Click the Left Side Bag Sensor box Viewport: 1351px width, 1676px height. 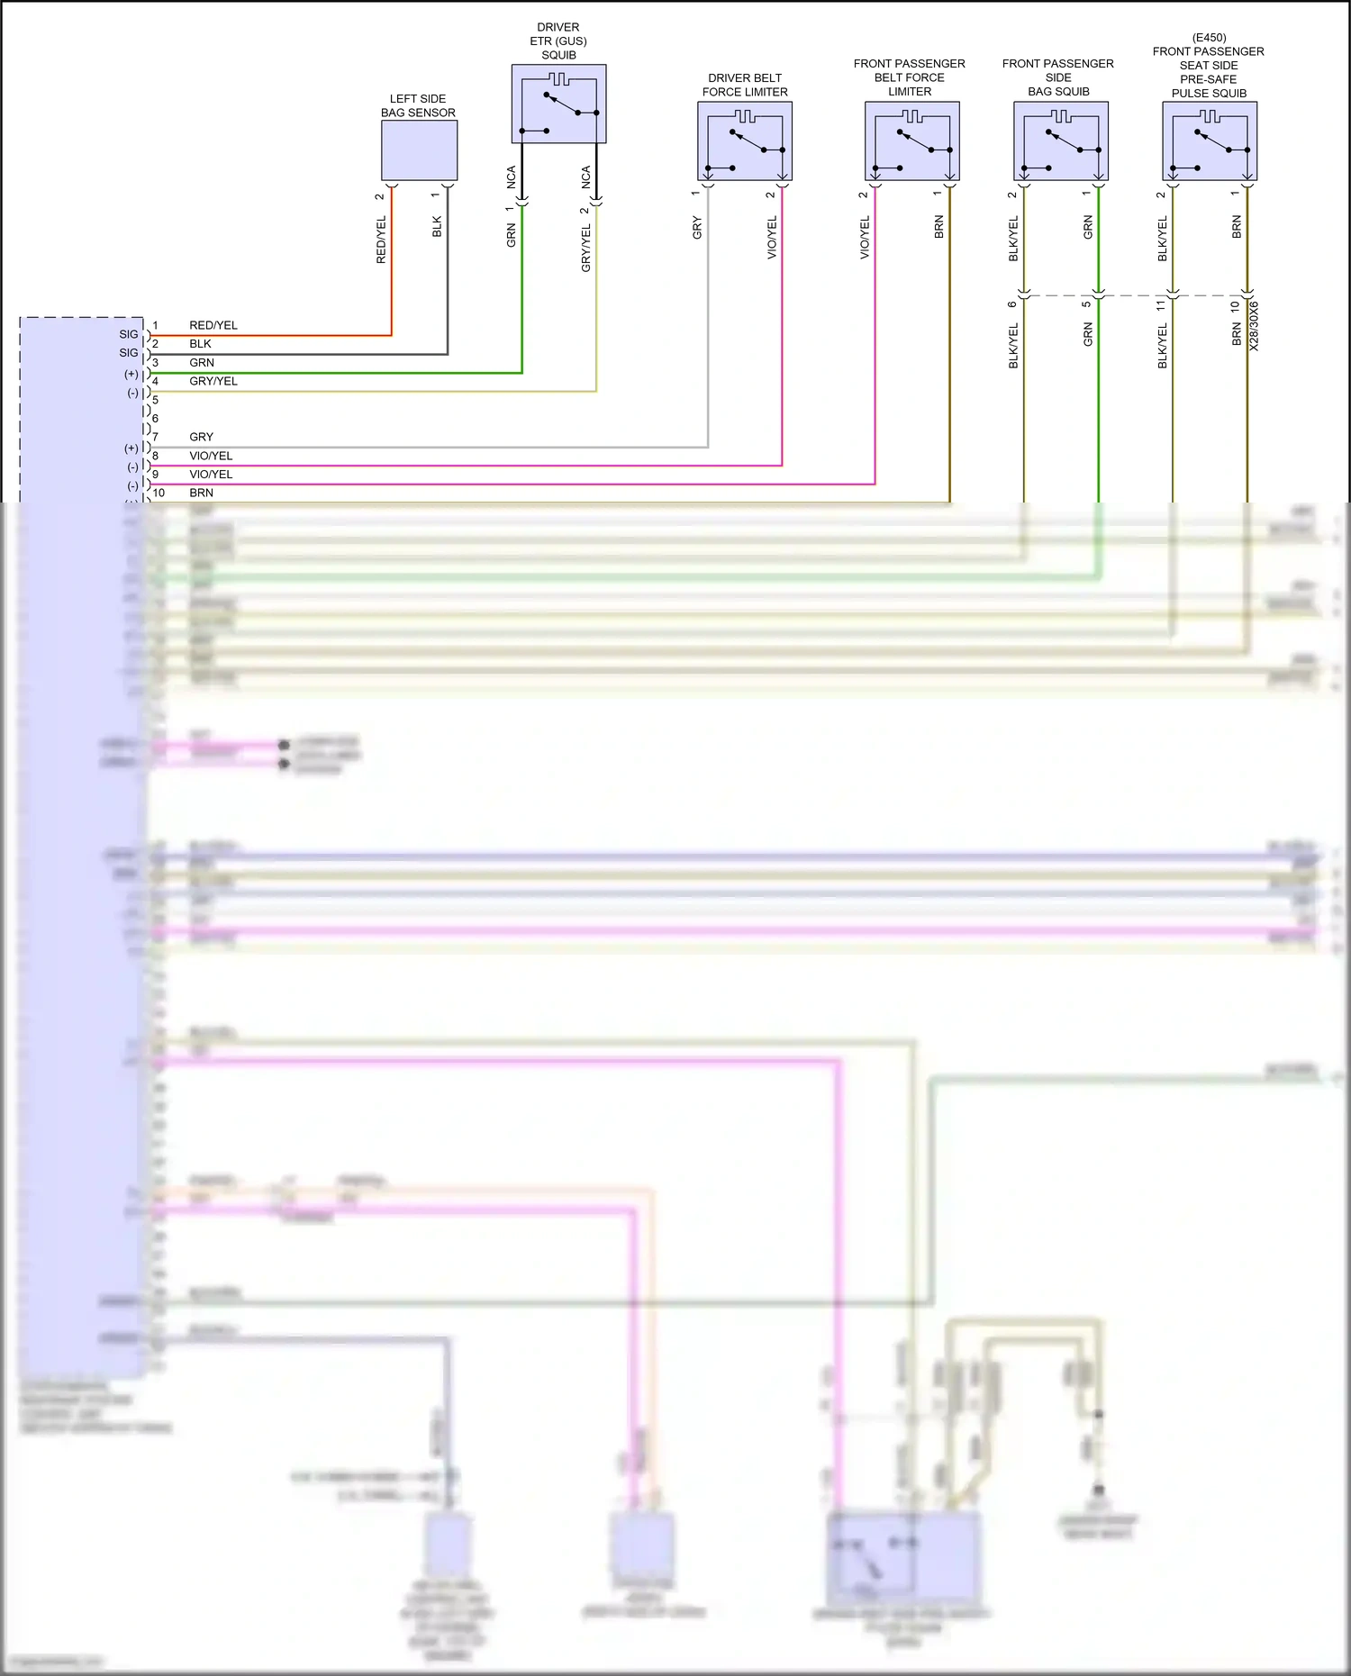(x=419, y=150)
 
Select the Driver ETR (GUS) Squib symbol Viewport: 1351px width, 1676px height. (x=558, y=104)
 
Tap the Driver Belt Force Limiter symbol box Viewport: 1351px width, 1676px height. (x=745, y=141)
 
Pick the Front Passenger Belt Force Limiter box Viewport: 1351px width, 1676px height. (x=911, y=141)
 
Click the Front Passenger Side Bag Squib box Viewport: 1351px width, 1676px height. (x=1060, y=141)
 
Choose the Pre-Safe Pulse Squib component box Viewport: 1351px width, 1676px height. (x=1209, y=141)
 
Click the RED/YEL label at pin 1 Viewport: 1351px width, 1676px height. (x=213, y=325)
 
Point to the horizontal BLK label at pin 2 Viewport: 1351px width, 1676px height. (x=200, y=344)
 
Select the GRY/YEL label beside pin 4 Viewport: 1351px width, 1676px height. (x=213, y=381)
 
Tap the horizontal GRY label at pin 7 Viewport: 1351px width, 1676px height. (x=201, y=437)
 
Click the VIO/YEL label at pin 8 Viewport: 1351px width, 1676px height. (x=211, y=456)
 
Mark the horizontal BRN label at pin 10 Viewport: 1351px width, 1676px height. (x=201, y=493)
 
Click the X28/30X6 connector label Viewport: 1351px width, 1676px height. (x=1255, y=326)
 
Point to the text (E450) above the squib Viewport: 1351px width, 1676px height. (x=1209, y=38)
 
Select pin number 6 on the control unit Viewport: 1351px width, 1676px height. (x=155, y=418)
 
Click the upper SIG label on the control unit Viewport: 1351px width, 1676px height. (x=129, y=334)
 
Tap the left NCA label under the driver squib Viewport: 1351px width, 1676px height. (x=511, y=177)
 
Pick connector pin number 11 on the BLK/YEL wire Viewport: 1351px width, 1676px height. (x=1162, y=305)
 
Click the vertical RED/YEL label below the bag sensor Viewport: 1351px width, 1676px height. (x=381, y=240)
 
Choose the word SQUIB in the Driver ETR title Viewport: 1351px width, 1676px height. (x=558, y=55)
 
